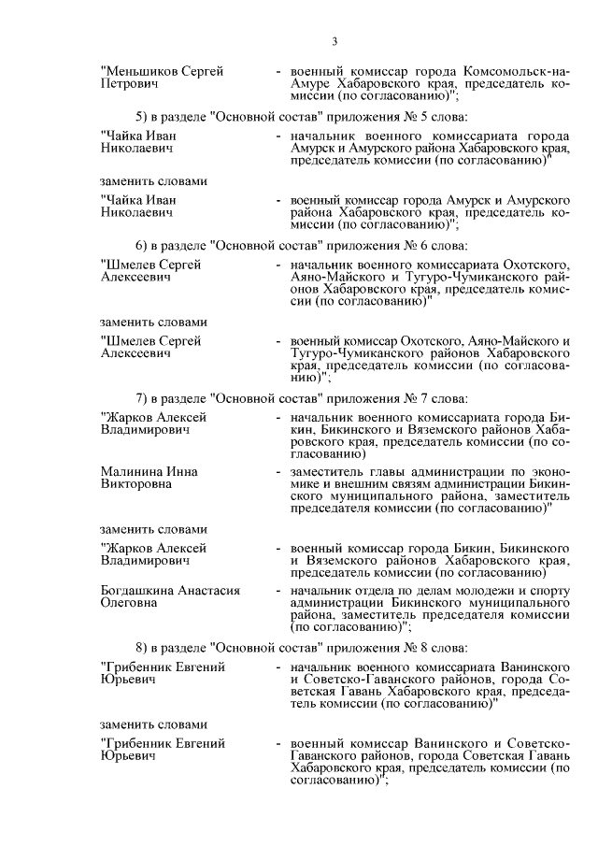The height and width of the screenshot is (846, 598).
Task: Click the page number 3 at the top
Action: pyautogui.click(x=334, y=40)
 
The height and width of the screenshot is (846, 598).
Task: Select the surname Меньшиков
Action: pyautogui.click(x=138, y=71)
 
